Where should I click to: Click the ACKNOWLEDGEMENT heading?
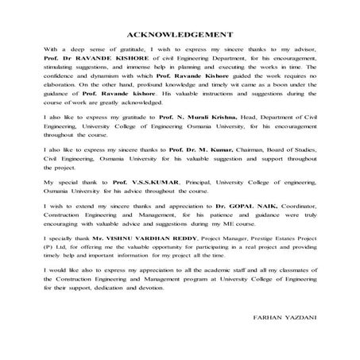(180, 35)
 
